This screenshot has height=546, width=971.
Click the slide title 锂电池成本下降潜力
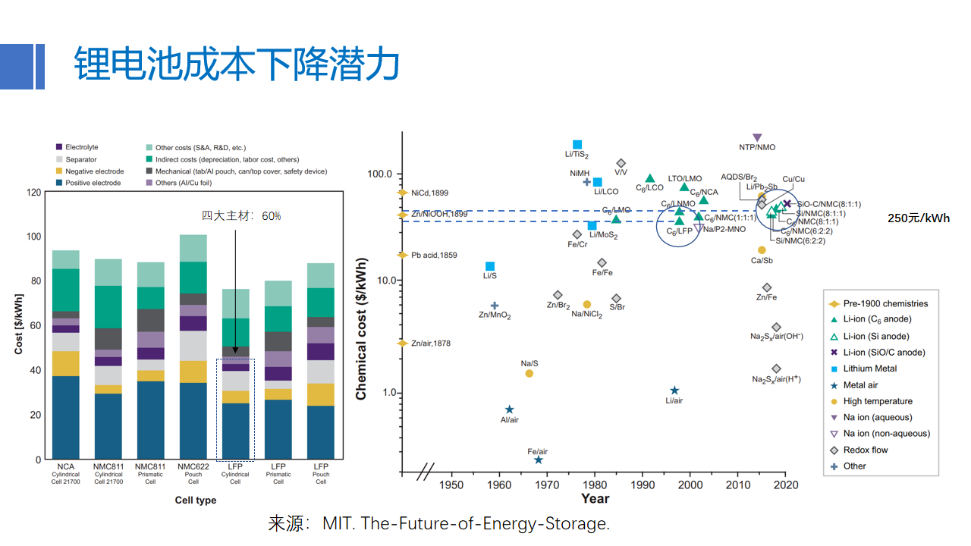pos(237,64)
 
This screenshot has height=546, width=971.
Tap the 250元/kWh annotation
pos(919,218)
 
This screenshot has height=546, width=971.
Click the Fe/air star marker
pos(539,460)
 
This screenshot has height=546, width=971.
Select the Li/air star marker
pos(674,391)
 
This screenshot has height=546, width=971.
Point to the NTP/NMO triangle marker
pos(757,137)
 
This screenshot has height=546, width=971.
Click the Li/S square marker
pos(490,266)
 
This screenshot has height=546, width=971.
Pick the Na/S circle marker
pos(529,373)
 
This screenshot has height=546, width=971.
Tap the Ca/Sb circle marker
pos(762,250)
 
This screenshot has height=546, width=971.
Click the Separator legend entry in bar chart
pos(80,159)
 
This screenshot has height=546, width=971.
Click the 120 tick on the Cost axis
pos(33,192)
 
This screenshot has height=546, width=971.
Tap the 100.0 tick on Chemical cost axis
pos(379,174)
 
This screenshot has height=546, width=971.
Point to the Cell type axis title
pos(196,500)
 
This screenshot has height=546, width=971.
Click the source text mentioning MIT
pos(438,523)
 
